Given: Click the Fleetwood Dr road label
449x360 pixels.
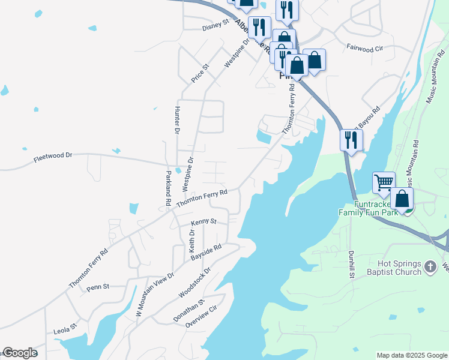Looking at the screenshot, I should (x=53, y=156).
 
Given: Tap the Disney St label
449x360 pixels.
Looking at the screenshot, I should (x=215, y=25).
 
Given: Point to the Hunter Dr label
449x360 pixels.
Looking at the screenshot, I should (x=177, y=120).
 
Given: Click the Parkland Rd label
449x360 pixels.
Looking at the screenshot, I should (x=168, y=188).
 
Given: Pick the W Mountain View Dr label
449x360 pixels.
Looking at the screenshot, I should (x=154, y=295).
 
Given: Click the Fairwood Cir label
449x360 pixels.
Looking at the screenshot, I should (x=365, y=46).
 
